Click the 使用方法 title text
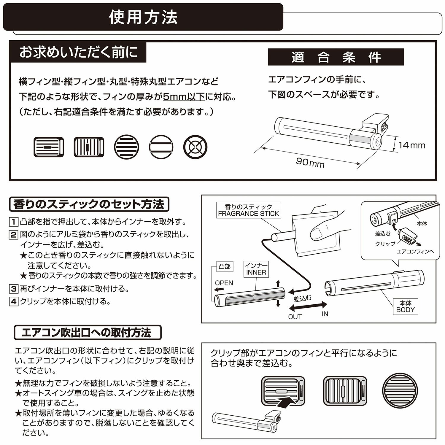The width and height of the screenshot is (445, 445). [x=143, y=17]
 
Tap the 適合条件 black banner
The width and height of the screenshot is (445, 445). [x=336, y=57]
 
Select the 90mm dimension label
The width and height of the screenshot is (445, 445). [x=310, y=163]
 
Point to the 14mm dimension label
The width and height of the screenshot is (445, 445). [x=411, y=145]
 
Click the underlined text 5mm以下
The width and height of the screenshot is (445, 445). [x=184, y=97]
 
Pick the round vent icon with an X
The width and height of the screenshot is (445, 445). [x=195, y=147]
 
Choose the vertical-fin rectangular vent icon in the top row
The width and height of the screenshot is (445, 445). [x=89, y=147]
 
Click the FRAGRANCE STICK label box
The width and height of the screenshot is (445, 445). [x=248, y=210]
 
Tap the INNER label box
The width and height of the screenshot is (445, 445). [x=256, y=269]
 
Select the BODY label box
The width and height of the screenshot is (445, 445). [x=405, y=306]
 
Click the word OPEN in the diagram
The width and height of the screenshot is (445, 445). [x=224, y=283]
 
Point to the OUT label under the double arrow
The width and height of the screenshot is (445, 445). [x=295, y=317]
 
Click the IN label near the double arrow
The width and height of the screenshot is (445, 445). [x=325, y=314]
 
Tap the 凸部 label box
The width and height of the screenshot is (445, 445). [x=224, y=266]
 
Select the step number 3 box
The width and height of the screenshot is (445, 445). [x=14, y=289]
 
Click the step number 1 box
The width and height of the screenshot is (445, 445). [x=14, y=222]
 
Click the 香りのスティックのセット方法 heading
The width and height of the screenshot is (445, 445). [x=89, y=204]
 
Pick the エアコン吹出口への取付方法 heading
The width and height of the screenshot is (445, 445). [x=88, y=333]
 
